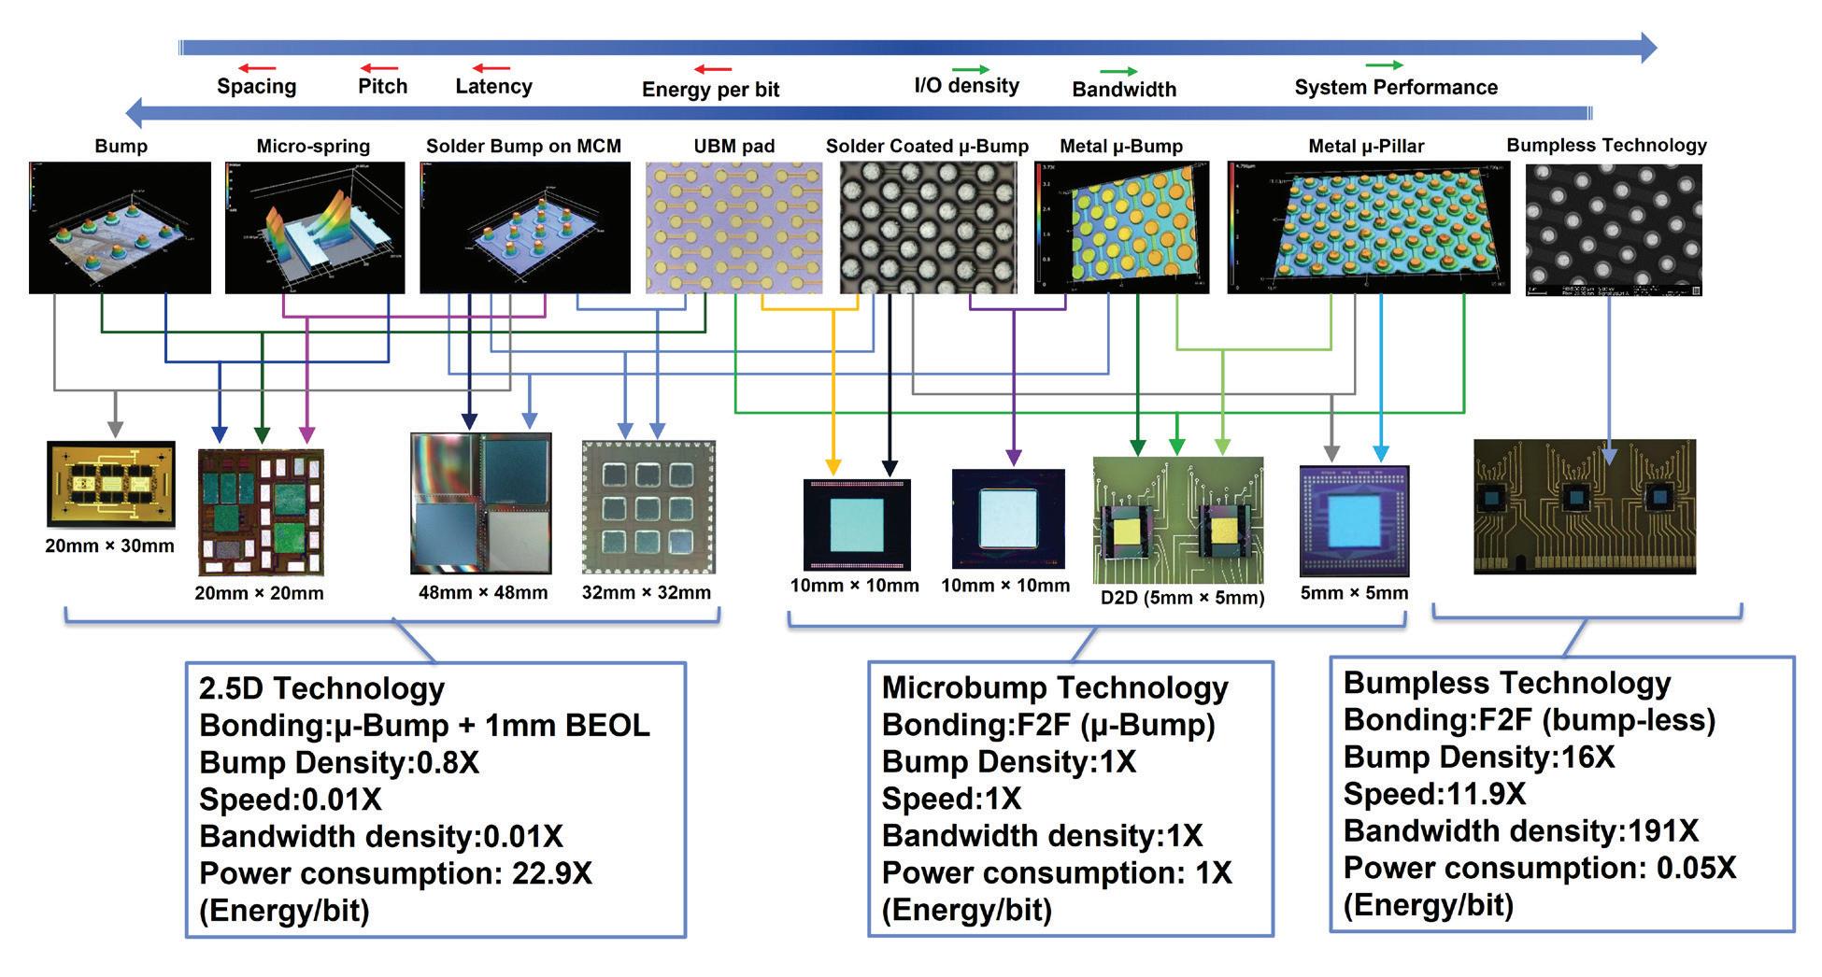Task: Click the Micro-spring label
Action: pos(313,147)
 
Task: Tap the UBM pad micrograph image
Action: pos(733,228)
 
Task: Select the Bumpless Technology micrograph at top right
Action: pos(1613,230)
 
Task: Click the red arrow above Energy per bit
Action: pos(712,69)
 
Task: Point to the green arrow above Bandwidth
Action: pos(1117,72)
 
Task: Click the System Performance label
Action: pos(1396,88)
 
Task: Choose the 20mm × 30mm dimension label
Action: pos(109,546)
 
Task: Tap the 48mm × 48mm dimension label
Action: pos(483,592)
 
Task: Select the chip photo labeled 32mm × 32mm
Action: pos(648,507)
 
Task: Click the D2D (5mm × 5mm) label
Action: pos(1182,598)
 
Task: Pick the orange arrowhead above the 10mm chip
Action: pos(833,467)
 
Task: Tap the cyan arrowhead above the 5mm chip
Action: pos(1380,454)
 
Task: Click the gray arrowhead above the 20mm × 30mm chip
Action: pos(115,429)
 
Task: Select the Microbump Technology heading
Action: pos(1055,688)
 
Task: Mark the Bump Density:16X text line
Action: pos(1478,757)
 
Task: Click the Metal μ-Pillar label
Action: pos(1366,147)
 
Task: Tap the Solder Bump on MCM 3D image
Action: pos(524,228)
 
